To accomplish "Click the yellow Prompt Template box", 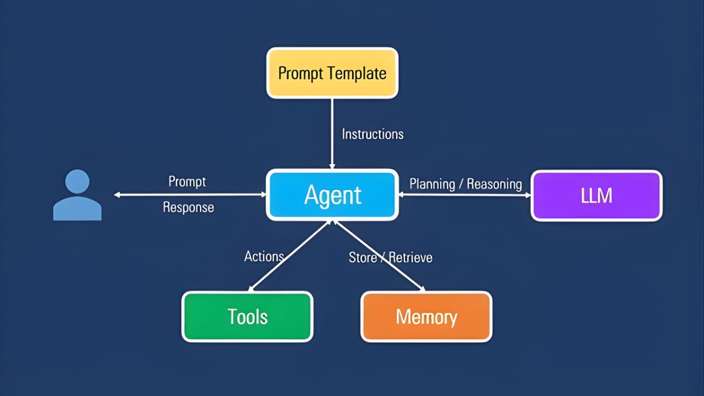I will (x=332, y=73).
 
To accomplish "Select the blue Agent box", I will (x=333, y=195).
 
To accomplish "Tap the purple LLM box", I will (x=597, y=195).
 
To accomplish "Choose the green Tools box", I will (x=247, y=317).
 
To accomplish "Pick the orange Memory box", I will (x=426, y=317).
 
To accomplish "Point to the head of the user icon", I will (x=77, y=181).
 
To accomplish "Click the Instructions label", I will (x=373, y=134).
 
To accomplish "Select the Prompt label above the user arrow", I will (x=187, y=181).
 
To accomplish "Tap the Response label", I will (x=188, y=207).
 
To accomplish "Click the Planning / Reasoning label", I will (x=465, y=184).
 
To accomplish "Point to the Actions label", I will (x=264, y=256).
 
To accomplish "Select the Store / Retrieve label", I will (x=390, y=257).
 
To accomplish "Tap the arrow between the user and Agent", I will (x=188, y=195).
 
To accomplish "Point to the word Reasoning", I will (x=494, y=184).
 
